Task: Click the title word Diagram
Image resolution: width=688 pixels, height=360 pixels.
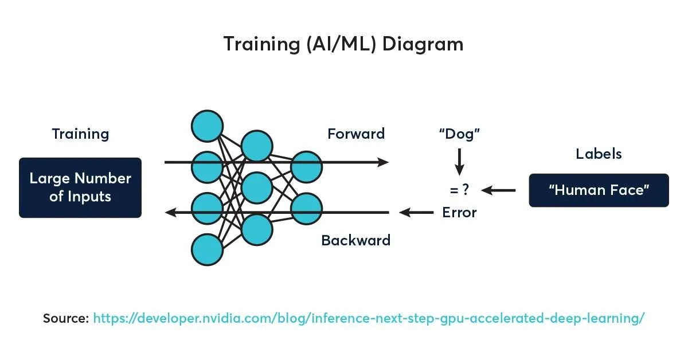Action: (x=423, y=45)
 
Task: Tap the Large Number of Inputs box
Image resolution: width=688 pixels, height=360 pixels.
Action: (x=80, y=187)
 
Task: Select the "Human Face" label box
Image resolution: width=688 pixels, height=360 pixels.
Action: (x=599, y=190)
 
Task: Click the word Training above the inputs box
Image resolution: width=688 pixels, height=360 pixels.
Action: (x=80, y=134)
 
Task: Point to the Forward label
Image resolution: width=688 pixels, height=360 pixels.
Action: (x=356, y=134)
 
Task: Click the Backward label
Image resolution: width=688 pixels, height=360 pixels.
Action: (x=355, y=240)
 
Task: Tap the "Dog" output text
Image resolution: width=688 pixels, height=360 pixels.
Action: (x=459, y=134)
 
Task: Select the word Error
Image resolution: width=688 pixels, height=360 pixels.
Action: (x=459, y=213)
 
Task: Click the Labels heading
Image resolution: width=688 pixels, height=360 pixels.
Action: (x=599, y=154)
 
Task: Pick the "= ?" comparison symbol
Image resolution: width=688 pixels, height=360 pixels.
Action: (x=459, y=190)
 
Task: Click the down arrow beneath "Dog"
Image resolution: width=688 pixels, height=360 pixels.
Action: (x=459, y=162)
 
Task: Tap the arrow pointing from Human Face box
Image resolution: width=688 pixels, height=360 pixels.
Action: (x=498, y=190)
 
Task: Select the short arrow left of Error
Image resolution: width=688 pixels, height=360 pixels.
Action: (x=416, y=212)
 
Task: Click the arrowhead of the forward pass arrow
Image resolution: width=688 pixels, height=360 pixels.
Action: (x=384, y=162)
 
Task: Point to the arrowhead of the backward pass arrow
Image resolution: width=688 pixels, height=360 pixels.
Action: (x=171, y=212)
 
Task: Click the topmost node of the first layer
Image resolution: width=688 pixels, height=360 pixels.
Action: (x=207, y=126)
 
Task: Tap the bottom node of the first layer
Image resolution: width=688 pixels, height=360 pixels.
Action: (x=207, y=249)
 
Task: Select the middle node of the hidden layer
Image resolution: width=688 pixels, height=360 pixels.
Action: (x=257, y=187)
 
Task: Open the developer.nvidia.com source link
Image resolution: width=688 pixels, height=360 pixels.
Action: (x=369, y=318)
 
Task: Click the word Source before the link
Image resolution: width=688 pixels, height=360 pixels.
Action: (x=66, y=318)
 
